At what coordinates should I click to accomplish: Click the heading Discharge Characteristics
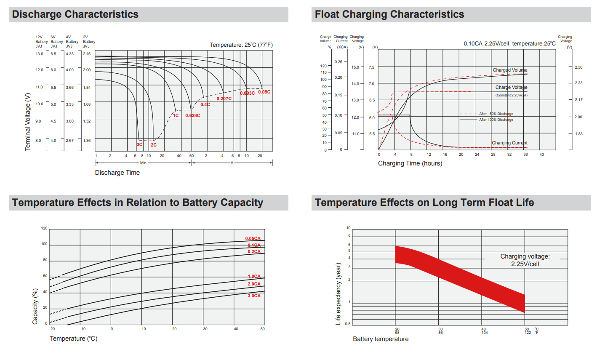point(75,14)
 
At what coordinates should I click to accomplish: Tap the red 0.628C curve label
point(192,115)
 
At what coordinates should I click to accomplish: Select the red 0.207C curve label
point(224,99)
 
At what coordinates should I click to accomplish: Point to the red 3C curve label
point(139,144)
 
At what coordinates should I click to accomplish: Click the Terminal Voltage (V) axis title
point(28,122)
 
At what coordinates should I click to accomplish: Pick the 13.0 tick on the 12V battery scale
point(39,54)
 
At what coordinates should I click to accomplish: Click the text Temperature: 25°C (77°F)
point(241,45)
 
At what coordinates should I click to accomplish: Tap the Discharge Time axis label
point(117,173)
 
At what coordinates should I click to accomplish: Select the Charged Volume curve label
point(510,70)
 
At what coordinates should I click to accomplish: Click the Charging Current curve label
point(509,143)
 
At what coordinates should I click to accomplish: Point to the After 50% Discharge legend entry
point(496,114)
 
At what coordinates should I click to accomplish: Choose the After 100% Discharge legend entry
point(496,120)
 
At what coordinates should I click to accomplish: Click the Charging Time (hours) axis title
point(410,163)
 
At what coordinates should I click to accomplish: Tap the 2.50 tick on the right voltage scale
point(578,67)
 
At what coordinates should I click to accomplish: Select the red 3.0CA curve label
point(254,296)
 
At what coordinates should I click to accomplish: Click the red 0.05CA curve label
point(253,238)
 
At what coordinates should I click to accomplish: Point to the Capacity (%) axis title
point(35,306)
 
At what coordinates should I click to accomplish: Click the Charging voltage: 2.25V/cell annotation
point(525,260)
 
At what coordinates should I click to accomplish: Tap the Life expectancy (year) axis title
point(338,293)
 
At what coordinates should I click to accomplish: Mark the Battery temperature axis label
point(381,339)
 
